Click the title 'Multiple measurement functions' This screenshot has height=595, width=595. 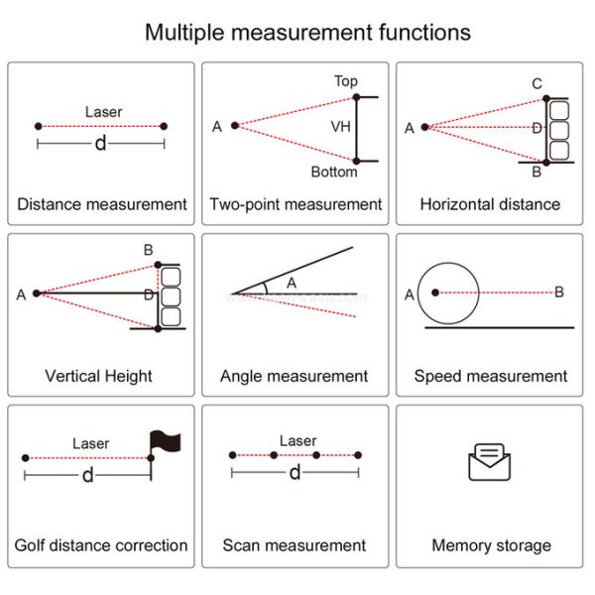[307, 32]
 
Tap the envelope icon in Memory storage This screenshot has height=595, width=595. [491, 463]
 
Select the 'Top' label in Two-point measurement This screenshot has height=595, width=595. [346, 81]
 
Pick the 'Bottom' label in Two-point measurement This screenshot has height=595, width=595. [334, 173]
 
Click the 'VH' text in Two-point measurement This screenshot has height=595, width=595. [340, 127]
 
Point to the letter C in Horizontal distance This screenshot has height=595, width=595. [536, 84]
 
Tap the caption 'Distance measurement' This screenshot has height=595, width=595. [102, 204]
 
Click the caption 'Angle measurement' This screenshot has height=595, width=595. [294, 376]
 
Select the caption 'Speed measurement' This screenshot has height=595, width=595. [491, 376]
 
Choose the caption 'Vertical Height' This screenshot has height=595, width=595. [99, 376]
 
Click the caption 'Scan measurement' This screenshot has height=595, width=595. [294, 545]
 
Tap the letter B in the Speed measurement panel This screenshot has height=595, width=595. [559, 292]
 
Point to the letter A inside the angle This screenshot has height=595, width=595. [292, 283]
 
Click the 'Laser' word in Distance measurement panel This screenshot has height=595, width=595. [104, 112]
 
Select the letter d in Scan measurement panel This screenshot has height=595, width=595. [295, 473]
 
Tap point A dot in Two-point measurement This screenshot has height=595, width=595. [235, 126]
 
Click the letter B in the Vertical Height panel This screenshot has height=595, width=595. [148, 250]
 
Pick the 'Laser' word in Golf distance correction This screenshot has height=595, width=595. [91, 443]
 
